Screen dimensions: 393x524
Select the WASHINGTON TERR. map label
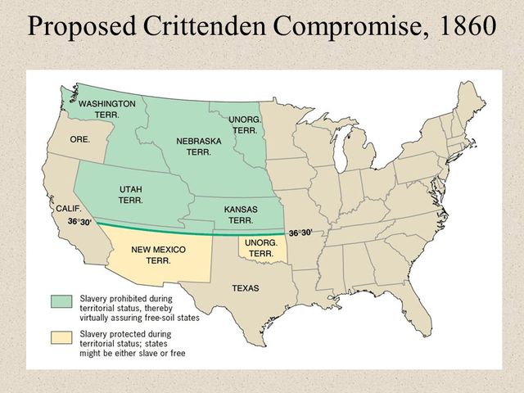click(x=106, y=110)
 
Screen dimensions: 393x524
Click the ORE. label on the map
click(x=79, y=140)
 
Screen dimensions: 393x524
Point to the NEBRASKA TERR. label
click(x=199, y=147)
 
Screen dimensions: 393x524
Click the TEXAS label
click(x=246, y=288)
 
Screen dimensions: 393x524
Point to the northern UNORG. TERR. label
click(x=245, y=124)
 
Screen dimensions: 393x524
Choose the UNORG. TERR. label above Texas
click(x=260, y=248)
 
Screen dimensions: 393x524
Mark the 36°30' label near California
click(x=79, y=222)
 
